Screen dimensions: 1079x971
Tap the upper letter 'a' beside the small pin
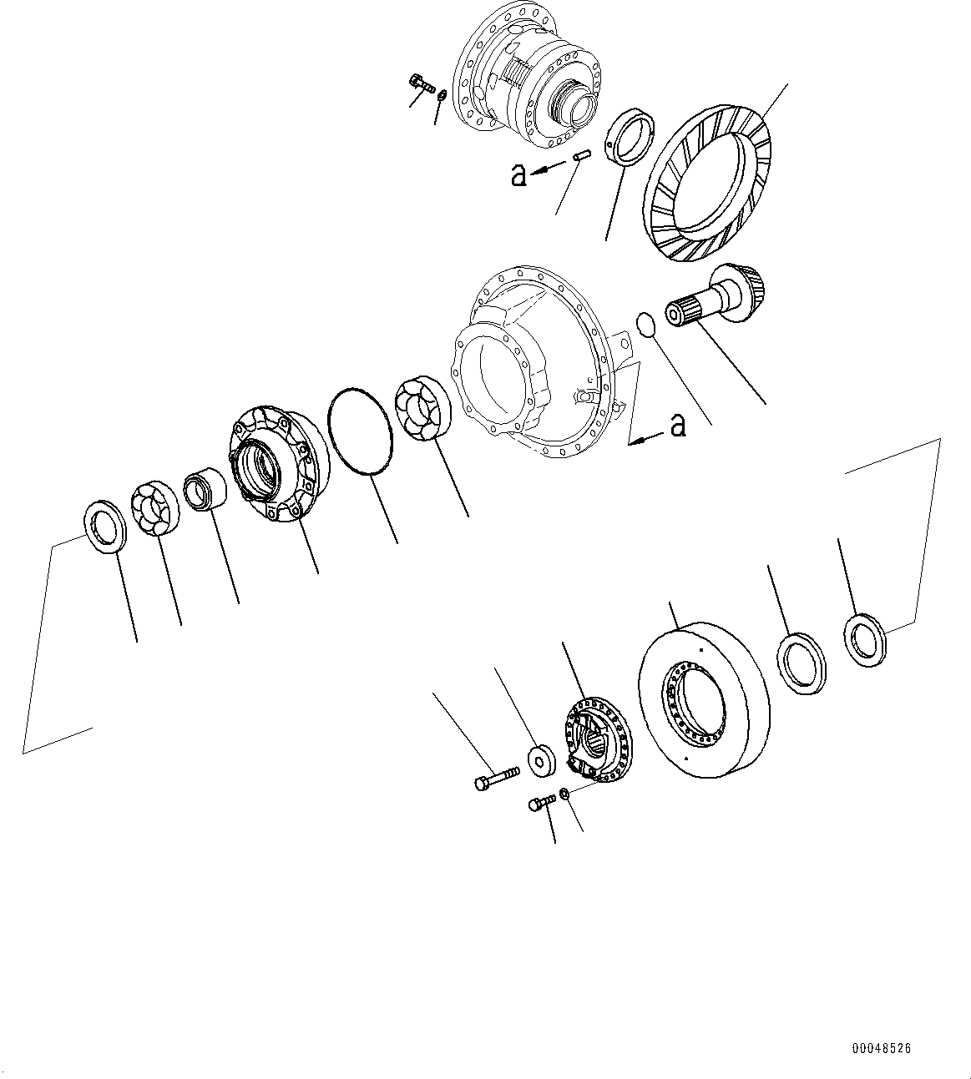tap(518, 174)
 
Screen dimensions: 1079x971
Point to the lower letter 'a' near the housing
tap(679, 426)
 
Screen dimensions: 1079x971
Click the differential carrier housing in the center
tap(534, 359)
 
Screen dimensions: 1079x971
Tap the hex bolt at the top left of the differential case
tap(422, 83)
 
